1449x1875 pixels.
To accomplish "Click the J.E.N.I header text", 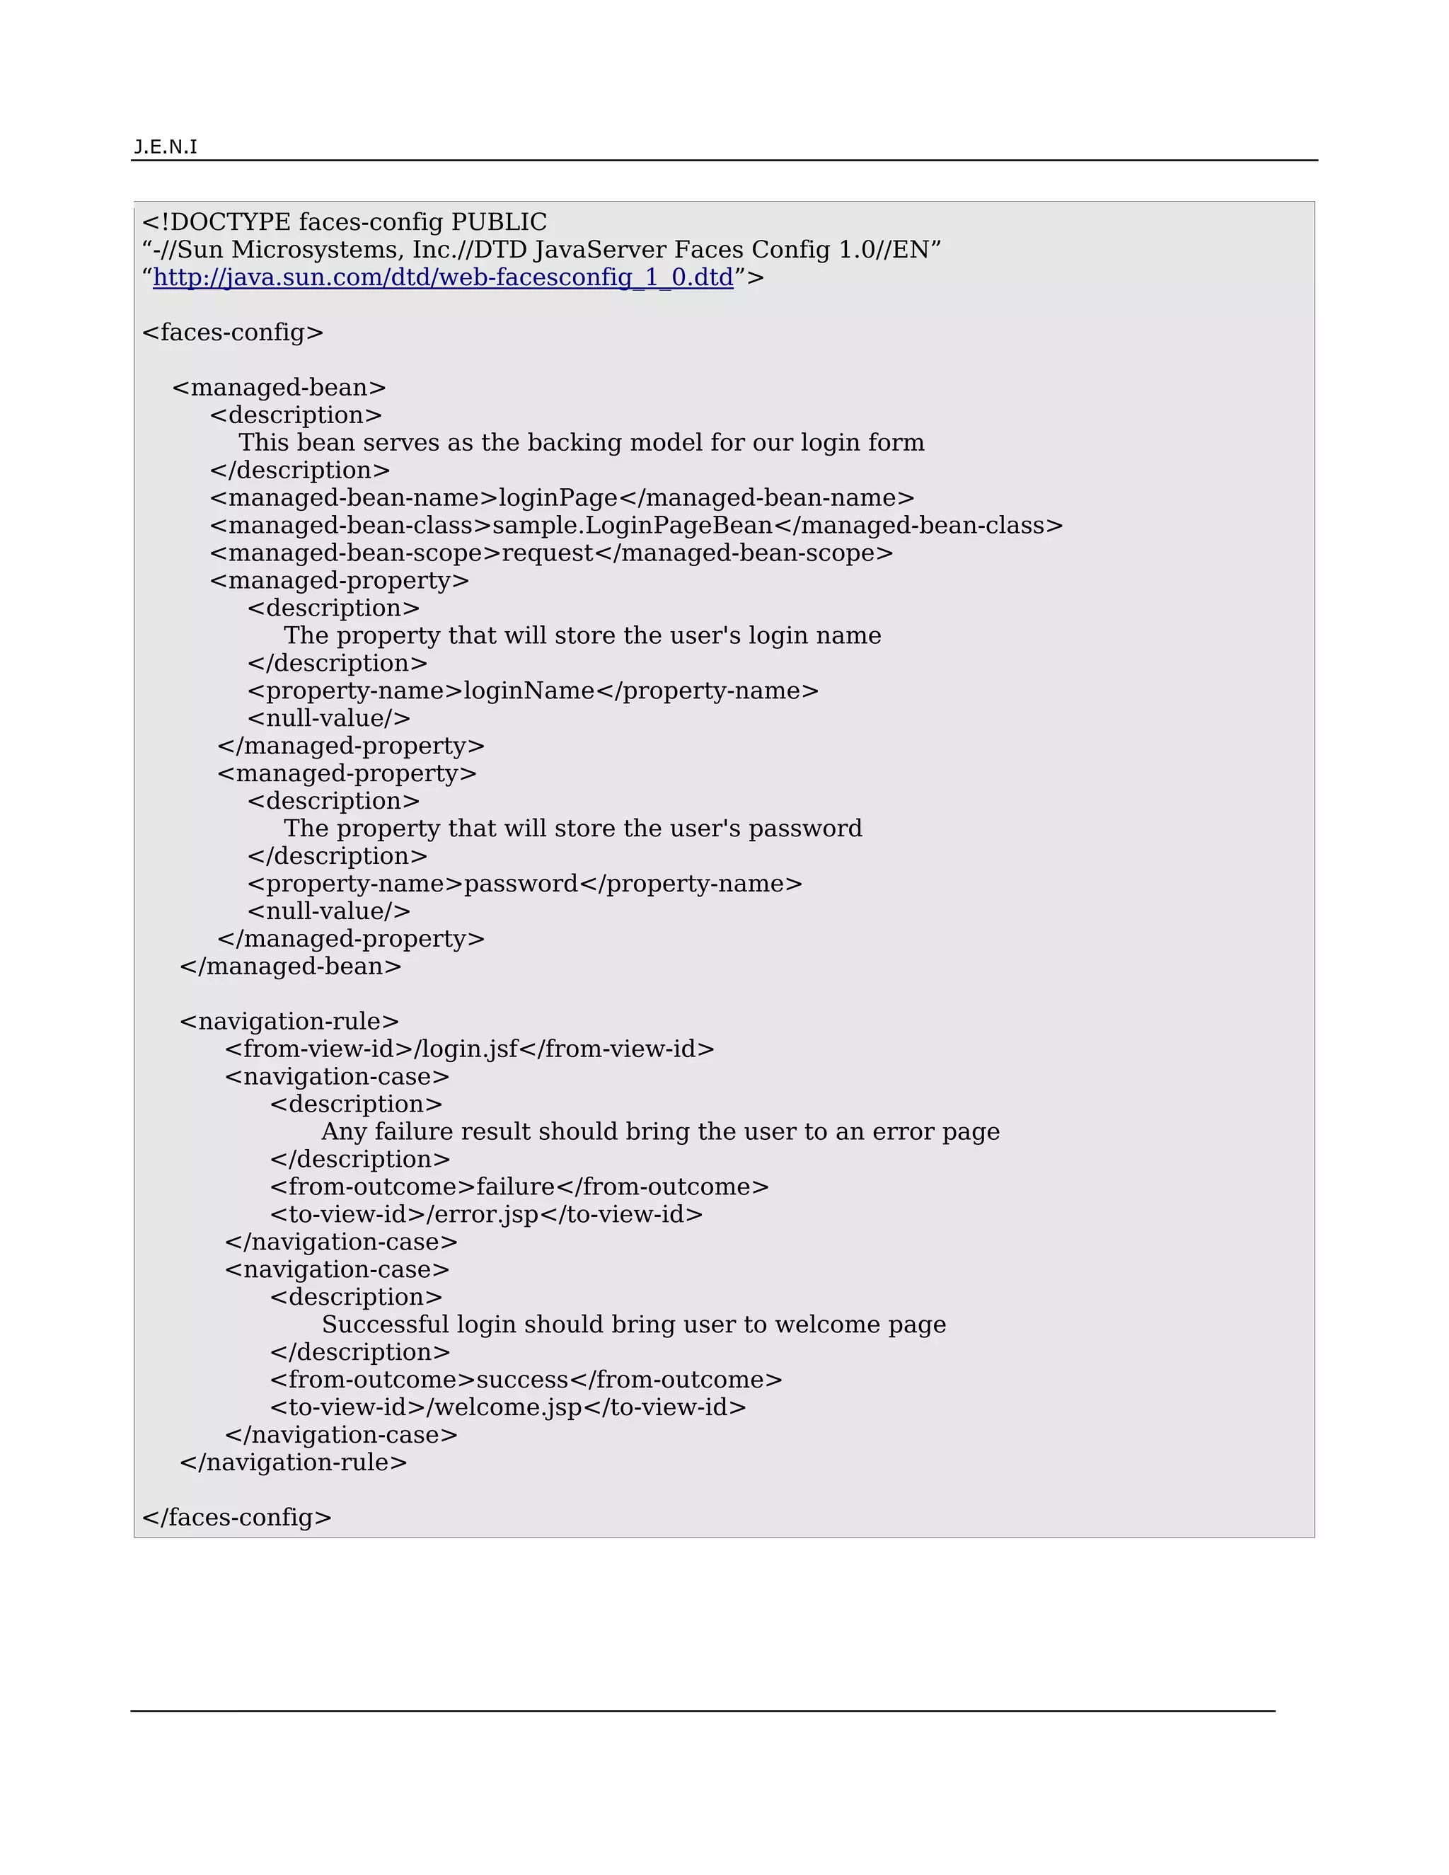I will point(166,146).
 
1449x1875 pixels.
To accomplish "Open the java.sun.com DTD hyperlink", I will point(443,277).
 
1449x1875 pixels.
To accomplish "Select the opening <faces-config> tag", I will point(233,333).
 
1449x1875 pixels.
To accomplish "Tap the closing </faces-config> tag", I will point(237,1517).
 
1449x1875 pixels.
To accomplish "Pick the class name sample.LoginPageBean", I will point(633,526).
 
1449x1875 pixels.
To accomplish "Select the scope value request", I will point(547,553).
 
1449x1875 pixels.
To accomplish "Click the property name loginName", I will point(529,691).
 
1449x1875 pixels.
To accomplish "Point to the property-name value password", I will point(521,884).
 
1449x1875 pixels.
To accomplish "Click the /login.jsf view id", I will point(467,1049).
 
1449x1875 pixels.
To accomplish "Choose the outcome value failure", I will point(515,1187).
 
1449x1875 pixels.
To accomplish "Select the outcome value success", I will point(522,1380).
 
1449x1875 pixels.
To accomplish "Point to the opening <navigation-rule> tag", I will point(289,1022).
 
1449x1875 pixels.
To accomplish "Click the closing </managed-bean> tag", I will point(290,967).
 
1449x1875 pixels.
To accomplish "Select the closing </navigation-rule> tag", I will point(294,1462).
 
